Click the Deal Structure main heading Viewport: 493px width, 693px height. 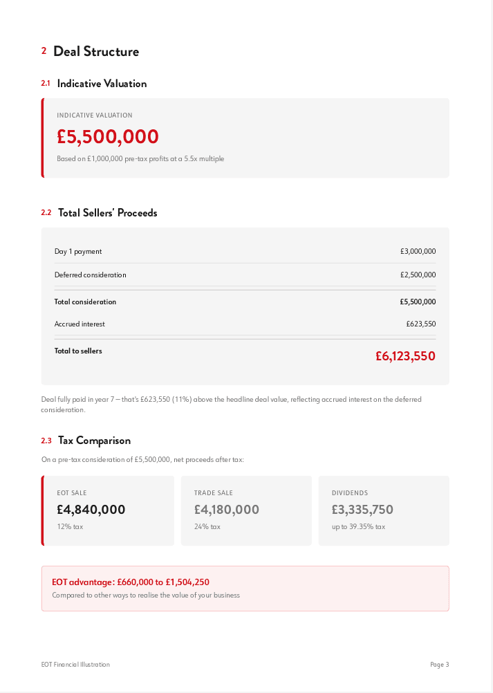(95, 51)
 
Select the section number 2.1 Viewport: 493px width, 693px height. (46, 84)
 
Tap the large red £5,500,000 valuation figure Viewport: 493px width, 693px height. (108, 137)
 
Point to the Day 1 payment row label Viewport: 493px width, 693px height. (78, 252)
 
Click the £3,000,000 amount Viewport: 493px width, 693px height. (418, 252)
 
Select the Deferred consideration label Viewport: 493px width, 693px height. (91, 275)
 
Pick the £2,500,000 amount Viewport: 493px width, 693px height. (418, 275)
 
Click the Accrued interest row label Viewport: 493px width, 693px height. (80, 324)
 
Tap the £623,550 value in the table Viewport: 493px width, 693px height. (420, 324)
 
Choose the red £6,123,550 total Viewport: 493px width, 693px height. (405, 356)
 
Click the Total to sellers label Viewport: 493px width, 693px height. (78, 351)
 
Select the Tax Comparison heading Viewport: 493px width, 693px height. (94, 441)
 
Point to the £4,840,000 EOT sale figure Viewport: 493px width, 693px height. (91, 510)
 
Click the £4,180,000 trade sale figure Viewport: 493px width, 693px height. (227, 510)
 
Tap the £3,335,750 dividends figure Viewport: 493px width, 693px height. (362, 510)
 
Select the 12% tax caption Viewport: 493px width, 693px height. (70, 527)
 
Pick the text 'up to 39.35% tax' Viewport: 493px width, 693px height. (358, 527)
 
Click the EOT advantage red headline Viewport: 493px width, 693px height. (131, 582)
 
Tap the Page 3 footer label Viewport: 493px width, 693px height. (439, 665)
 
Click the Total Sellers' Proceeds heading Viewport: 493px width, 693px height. (107, 213)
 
